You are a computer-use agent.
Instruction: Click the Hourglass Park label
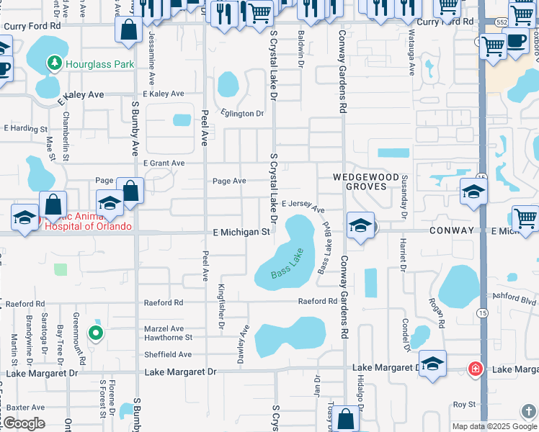[99, 64]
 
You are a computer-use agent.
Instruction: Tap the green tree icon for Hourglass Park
[54, 64]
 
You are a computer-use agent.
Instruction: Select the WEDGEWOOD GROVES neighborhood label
[365, 182]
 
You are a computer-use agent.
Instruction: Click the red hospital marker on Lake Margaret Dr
[475, 369]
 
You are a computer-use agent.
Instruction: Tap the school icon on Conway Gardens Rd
[360, 225]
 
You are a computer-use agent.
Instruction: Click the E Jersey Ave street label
[303, 206]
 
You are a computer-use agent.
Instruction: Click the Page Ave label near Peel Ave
[228, 181]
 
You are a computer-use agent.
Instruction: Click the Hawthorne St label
[169, 337]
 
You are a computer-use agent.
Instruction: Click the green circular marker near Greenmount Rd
[95, 333]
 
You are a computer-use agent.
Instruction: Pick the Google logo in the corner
[23, 423]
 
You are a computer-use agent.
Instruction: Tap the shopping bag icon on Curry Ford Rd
[130, 31]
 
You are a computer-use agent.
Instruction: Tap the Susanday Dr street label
[404, 206]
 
